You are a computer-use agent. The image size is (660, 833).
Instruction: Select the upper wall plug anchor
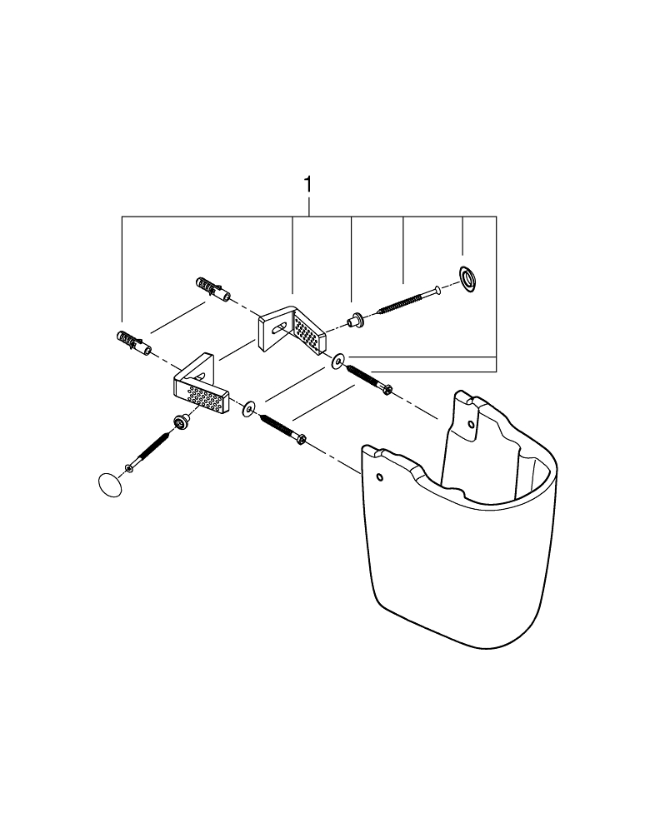[213, 288]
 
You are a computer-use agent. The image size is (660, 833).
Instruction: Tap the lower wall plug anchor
[133, 344]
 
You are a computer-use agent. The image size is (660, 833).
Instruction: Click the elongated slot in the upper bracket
[280, 327]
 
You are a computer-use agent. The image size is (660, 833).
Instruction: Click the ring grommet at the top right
[468, 279]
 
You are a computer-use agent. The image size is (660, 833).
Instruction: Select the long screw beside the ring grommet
[408, 300]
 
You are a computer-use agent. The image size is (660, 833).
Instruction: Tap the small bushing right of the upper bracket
[355, 321]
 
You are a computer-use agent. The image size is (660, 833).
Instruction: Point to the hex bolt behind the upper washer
[369, 379]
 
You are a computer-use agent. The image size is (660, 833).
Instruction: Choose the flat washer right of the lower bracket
[248, 409]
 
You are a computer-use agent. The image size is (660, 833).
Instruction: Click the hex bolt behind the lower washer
[282, 429]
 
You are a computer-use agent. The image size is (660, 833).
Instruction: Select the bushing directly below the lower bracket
[182, 423]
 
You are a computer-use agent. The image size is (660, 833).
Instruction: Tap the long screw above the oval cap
[147, 451]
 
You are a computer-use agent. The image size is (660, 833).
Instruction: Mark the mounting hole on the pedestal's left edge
[379, 477]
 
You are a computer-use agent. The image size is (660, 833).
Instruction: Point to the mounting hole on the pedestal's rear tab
[470, 424]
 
